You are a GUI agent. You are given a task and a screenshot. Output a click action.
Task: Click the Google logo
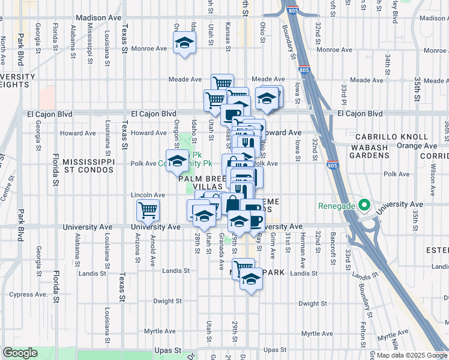[20, 353]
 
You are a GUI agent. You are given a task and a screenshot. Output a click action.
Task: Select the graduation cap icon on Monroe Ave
[185, 43]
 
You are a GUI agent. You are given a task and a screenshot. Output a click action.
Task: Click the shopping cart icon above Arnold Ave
[148, 210]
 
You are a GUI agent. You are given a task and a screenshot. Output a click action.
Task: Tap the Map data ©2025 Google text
[412, 355]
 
